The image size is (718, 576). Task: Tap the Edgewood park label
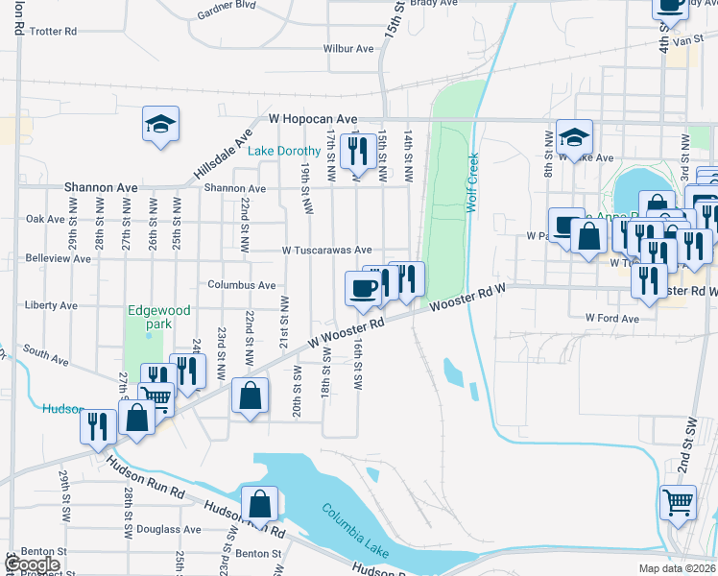(x=160, y=317)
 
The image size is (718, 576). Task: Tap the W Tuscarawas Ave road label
(x=326, y=250)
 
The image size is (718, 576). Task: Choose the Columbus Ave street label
(x=242, y=285)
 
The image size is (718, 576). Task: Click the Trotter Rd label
(x=53, y=32)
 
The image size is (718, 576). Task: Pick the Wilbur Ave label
(x=347, y=48)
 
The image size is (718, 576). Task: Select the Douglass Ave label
(x=168, y=529)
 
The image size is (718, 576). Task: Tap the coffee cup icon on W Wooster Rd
(x=362, y=288)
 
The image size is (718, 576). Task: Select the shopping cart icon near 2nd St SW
(x=679, y=501)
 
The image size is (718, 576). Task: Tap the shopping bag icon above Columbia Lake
(x=259, y=502)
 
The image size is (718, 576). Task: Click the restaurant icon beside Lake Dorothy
(x=357, y=150)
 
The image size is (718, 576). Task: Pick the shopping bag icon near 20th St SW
(x=250, y=395)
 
